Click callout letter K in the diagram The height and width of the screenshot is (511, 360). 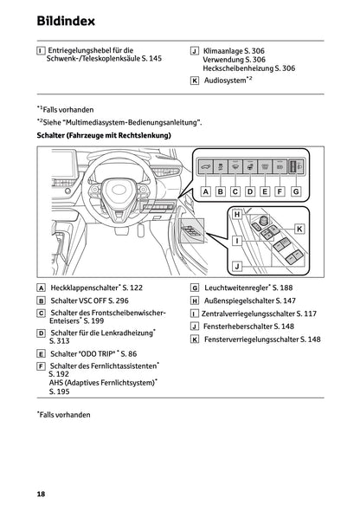click(x=299, y=228)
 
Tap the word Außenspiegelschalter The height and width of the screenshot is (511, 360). click(x=240, y=301)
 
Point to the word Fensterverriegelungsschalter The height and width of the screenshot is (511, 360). click(x=254, y=340)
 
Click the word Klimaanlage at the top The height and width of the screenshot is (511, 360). click(x=223, y=51)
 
